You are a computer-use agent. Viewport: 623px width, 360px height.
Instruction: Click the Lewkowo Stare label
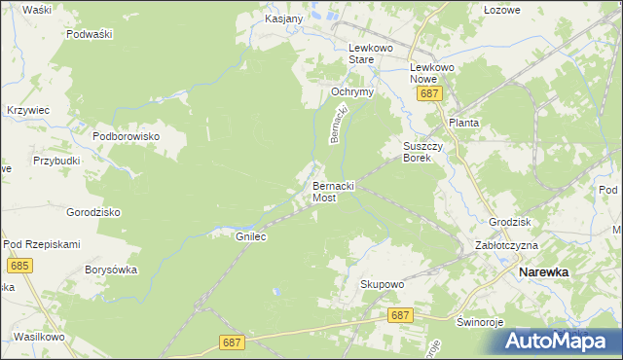pyautogui.click(x=375, y=53)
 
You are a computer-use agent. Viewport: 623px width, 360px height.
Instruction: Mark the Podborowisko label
pyautogui.click(x=126, y=137)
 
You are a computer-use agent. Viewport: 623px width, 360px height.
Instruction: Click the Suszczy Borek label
pyautogui.click(x=423, y=152)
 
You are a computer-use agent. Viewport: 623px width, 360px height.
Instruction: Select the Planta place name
pyautogui.click(x=465, y=124)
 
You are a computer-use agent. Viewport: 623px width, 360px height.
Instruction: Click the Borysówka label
pyautogui.click(x=111, y=270)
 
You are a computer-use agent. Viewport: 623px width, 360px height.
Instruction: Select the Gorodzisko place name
pyautogui.click(x=92, y=212)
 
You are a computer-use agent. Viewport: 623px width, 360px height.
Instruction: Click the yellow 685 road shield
pyautogui.click(x=18, y=265)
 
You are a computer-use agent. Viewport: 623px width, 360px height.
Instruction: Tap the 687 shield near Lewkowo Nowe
pyautogui.click(x=430, y=93)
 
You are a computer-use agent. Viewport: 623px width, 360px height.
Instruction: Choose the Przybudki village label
pyautogui.click(x=55, y=162)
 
